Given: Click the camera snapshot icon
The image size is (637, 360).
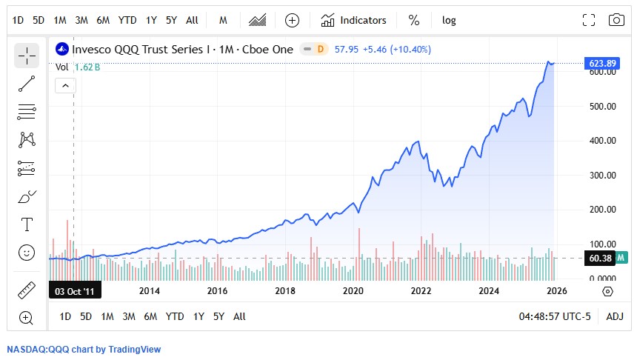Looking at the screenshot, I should (616, 20).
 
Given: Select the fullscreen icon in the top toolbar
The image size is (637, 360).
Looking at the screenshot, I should (589, 20).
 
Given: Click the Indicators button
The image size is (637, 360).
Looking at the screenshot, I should (354, 20).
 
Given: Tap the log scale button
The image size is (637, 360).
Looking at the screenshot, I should (449, 20).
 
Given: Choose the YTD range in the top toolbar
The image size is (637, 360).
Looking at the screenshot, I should (127, 20).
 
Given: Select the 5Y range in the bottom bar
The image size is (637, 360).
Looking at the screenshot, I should (219, 316).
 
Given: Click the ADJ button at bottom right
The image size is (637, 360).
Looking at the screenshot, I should (615, 316).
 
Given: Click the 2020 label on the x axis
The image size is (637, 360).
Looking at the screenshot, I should (353, 290).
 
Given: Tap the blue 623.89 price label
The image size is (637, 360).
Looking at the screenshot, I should (602, 63).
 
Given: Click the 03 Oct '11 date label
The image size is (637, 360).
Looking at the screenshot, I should (73, 290).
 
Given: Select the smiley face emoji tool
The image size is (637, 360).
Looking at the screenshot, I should (27, 253).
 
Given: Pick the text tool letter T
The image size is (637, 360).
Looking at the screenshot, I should (27, 224).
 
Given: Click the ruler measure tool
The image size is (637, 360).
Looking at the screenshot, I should (27, 290).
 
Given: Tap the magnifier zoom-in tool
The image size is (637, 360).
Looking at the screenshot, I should (27, 318).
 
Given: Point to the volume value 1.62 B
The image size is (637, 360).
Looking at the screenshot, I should (87, 67).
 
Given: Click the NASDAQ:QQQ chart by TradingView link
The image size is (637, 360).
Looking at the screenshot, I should (84, 350).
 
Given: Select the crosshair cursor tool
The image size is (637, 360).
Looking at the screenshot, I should (27, 56).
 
